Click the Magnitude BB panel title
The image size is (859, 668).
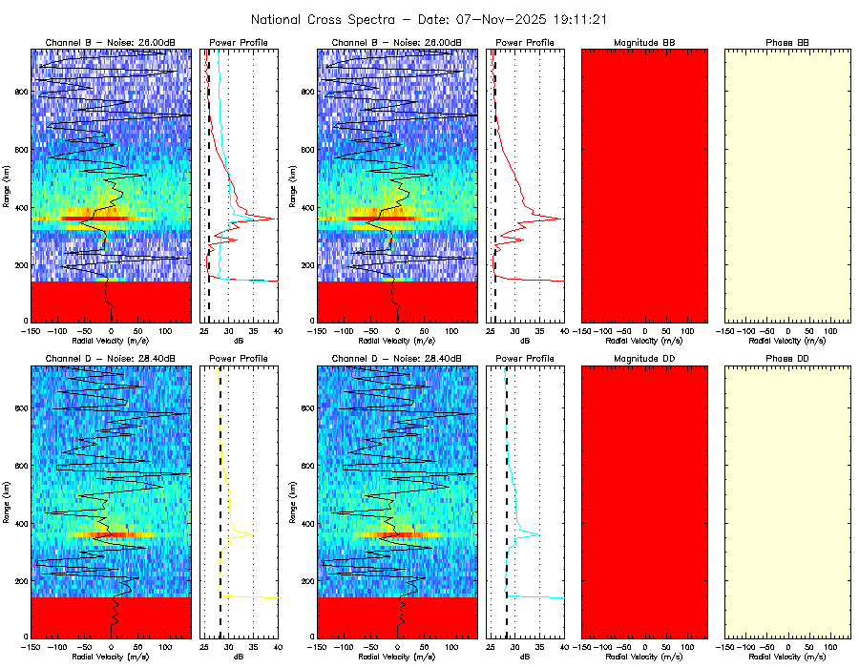coord(644,43)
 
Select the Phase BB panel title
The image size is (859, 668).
coord(787,43)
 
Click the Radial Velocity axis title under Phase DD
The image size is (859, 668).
coord(787,657)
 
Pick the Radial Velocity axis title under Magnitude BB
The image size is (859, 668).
coord(644,341)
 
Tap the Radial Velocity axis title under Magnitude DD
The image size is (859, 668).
coord(644,657)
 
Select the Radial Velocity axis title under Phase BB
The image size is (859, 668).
coord(787,341)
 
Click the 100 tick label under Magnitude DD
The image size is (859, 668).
coord(686,646)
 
